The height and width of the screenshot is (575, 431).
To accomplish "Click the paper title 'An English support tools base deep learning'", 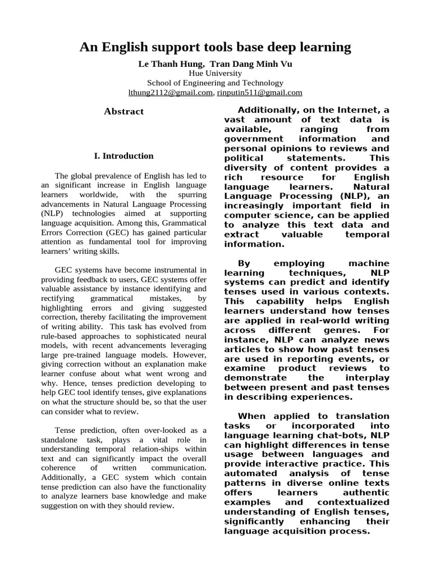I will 215,47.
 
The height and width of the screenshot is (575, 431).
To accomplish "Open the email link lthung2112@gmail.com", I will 171,93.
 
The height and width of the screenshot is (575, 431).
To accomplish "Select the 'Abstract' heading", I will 124,112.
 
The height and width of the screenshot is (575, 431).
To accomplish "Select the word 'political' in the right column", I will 242,158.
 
